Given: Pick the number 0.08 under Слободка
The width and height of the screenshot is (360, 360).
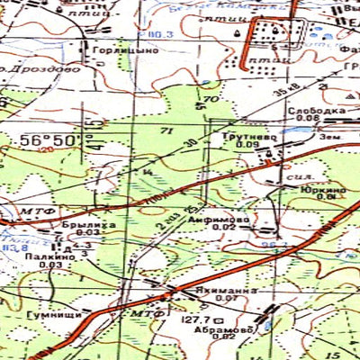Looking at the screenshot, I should [308, 118].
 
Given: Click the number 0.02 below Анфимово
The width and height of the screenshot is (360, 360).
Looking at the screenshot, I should [225, 228].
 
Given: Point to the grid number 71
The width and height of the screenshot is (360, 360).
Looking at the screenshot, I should [166, 131].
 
